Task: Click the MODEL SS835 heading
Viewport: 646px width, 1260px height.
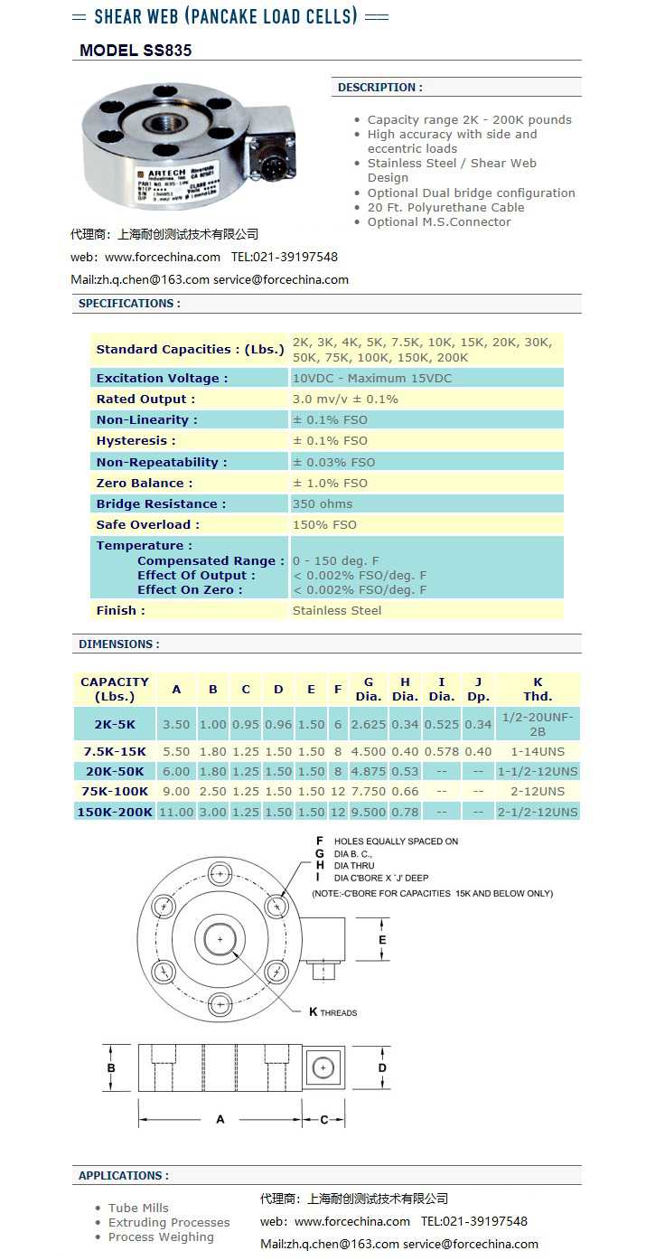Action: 136,51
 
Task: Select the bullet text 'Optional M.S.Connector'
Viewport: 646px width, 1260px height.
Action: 439,221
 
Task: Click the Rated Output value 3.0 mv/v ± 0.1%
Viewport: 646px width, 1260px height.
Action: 345,399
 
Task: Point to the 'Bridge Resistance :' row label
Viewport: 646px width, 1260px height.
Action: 161,503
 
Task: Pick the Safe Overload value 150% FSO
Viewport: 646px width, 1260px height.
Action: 324,524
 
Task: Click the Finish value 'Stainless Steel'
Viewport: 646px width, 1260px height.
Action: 337,610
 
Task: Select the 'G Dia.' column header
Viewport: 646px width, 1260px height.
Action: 369,689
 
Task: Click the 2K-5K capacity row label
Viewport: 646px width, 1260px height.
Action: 115,724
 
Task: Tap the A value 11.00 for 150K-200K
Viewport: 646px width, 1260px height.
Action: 176,812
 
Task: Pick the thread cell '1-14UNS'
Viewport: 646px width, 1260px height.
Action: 538,751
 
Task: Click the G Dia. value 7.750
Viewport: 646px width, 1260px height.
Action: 369,791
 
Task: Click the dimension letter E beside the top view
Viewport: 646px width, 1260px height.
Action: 382,940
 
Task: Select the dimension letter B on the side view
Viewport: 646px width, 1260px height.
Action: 111,1067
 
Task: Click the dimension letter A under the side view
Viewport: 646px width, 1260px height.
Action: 220,1119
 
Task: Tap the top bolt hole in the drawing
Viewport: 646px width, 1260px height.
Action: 220,873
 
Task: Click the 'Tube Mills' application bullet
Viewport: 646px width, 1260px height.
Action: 138,1208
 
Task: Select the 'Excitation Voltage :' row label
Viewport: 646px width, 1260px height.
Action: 162,378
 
